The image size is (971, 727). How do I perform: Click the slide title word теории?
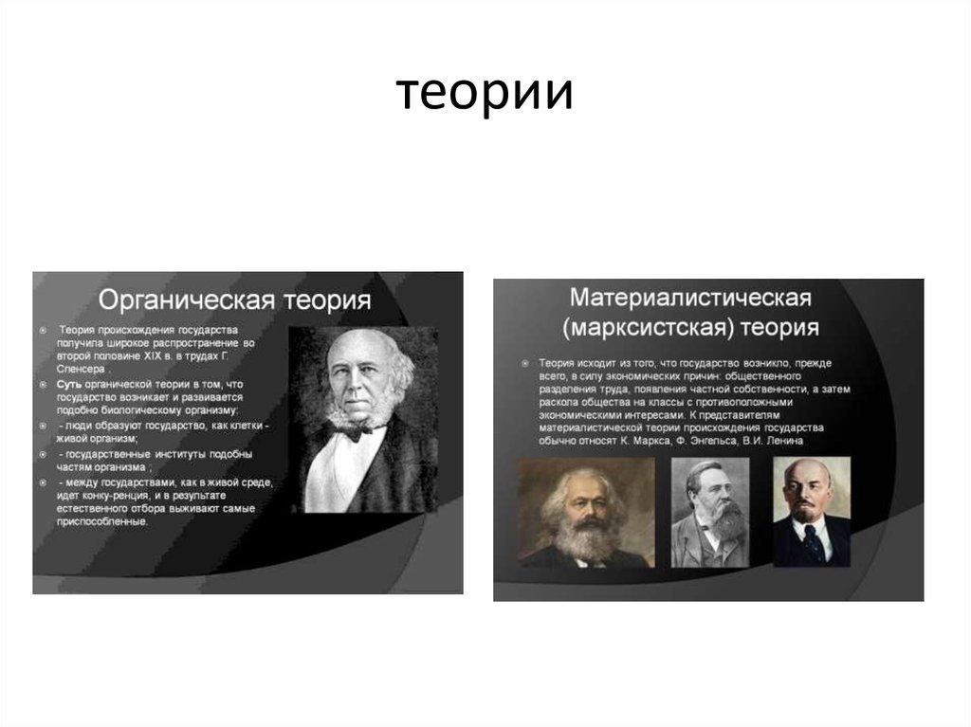pos(484,94)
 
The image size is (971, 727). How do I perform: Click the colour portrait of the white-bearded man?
pos(585,513)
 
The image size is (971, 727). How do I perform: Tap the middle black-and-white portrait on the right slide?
pos(710,513)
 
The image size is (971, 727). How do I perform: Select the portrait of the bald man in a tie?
pos(812,512)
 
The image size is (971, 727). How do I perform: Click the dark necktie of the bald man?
pos(814,542)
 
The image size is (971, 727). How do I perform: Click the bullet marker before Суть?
pos(44,384)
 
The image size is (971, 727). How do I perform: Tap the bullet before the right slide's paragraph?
pos(524,363)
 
